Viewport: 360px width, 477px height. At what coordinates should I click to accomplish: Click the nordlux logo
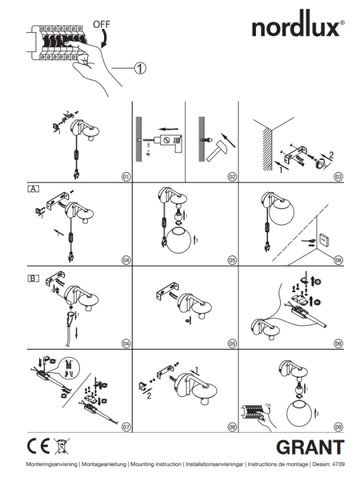click(298, 28)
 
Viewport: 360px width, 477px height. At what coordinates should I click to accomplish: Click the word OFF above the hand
click(101, 24)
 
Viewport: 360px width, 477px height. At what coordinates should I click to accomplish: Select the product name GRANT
click(310, 447)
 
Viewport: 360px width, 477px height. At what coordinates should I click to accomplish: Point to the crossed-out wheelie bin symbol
click(62, 446)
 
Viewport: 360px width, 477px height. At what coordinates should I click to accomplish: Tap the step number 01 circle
click(125, 177)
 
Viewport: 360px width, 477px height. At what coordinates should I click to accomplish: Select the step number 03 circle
click(338, 177)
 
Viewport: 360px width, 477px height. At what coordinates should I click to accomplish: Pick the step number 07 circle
click(125, 426)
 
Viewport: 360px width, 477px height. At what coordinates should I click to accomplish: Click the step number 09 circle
click(338, 426)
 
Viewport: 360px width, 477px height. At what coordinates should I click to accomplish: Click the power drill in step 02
click(167, 143)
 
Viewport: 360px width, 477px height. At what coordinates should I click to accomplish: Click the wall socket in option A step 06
click(323, 239)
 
